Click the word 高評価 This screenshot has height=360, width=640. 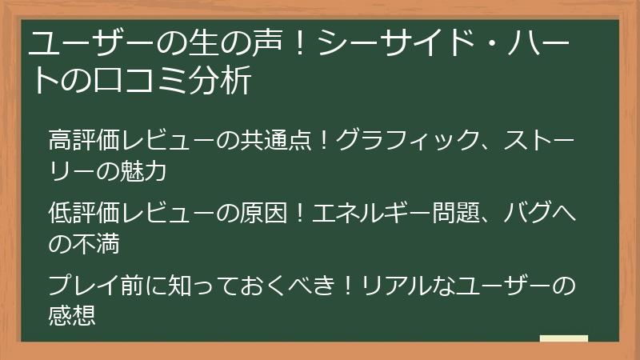pyautogui.click(x=83, y=140)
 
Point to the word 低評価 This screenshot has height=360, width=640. pyautogui.click(x=83, y=214)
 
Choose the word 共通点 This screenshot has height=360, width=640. pyautogui.click(x=277, y=140)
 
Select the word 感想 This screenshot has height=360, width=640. pyautogui.click(x=72, y=317)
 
